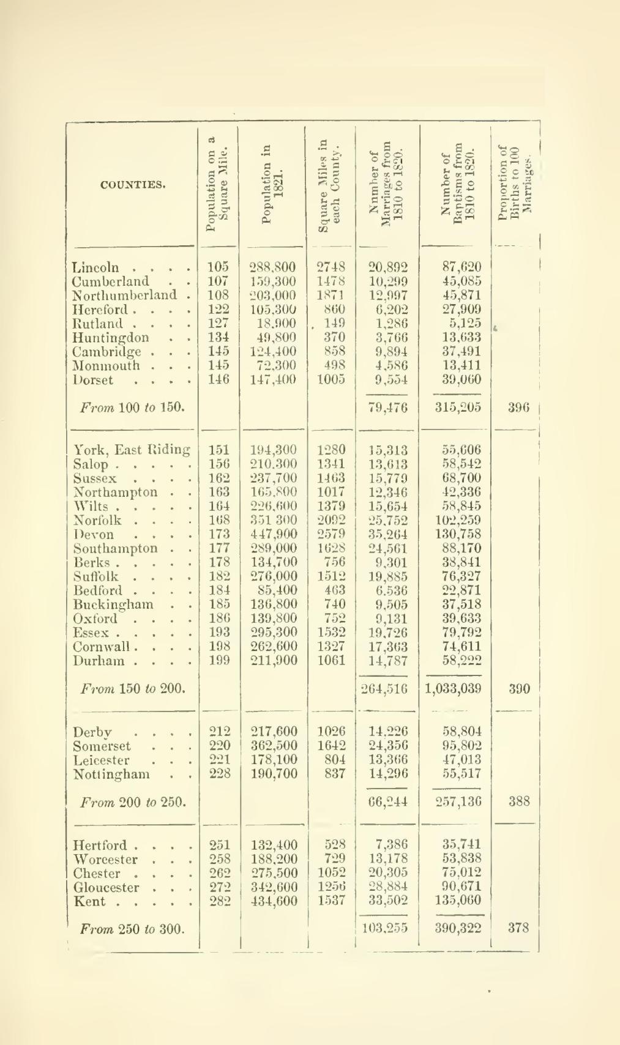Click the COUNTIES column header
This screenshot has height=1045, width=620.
pyautogui.click(x=133, y=184)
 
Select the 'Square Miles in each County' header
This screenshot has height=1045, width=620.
pyautogui.click(x=331, y=184)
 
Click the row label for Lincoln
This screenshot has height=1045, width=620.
pyautogui.click(x=96, y=267)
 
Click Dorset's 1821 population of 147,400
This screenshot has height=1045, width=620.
pyautogui.click(x=273, y=379)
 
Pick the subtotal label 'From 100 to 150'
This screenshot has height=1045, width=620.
pyautogui.click(x=133, y=407)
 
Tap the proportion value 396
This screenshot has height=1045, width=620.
pyautogui.click(x=518, y=407)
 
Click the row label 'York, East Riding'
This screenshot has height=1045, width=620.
pyautogui.click(x=132, y=450)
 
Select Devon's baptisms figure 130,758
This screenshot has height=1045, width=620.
pyautogui.click(x=461, y=534)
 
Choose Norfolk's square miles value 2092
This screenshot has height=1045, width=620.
pyautogui.click(x=331, y=520)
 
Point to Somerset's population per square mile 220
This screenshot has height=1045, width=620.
pyautogui.click(x=219, y=746)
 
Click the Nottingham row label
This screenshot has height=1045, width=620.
pyautogui.click(x=111, y=774)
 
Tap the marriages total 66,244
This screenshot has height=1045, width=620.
pyautogui.click(x=388, y=801)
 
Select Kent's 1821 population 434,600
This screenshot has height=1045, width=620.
pyautogui.click(x=274, y=901)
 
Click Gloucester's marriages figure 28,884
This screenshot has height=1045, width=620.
pyautogui.click(x=388, y=887)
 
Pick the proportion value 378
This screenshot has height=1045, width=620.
pyautogui.click(x=518, y=928)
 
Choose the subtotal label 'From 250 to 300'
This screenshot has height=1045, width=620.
pyautogui.click(x=133, y=929)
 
